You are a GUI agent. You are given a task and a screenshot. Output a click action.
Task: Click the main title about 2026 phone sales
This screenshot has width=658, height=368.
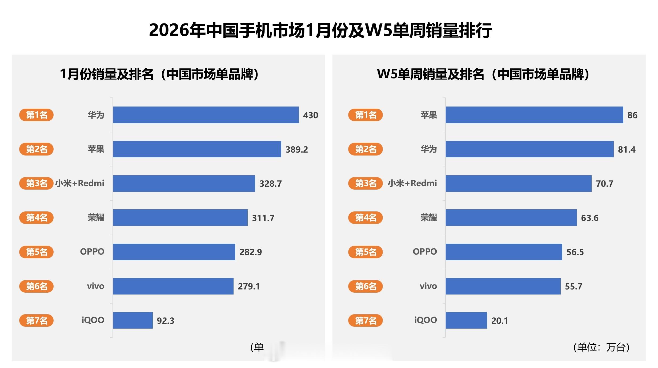coord(320,30)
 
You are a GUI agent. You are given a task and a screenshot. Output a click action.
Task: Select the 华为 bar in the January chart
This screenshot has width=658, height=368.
coord(206,115)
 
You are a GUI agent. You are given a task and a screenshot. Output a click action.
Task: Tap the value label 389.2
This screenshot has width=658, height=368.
coord(296,149)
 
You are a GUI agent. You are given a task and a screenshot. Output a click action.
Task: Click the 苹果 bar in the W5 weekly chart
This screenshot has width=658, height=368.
coord(534,115)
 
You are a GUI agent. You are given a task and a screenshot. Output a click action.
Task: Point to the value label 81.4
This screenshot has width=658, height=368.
coord(627,149)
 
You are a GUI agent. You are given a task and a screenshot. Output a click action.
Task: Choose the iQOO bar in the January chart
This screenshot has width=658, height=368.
coord(133,320)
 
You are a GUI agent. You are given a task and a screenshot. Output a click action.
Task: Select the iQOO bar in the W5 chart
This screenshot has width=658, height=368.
coord(466,320)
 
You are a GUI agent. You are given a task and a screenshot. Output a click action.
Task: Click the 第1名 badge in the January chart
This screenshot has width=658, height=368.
coord(37,115)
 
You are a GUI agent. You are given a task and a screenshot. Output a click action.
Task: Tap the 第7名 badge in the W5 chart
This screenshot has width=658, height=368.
coord(366,320)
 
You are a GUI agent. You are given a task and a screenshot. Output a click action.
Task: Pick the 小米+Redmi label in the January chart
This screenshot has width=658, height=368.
coord(80,183)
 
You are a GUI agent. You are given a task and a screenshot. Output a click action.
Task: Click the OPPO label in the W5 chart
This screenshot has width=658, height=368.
coord(425,252)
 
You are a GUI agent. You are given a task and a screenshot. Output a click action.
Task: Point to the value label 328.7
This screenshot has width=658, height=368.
coord(270,183)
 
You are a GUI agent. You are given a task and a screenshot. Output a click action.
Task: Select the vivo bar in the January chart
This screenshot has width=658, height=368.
coord(173,286)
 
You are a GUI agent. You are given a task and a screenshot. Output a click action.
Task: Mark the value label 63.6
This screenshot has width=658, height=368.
coord(589,218)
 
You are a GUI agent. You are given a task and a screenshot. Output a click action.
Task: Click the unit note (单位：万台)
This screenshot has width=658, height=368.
coord(601,347)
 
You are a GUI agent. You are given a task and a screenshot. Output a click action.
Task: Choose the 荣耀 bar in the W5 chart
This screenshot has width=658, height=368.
coord(511,218)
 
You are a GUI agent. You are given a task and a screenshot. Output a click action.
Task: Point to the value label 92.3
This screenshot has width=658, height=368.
coord(165,321)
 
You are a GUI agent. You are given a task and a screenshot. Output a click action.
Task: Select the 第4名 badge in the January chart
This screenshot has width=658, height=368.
coord(37,218)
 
